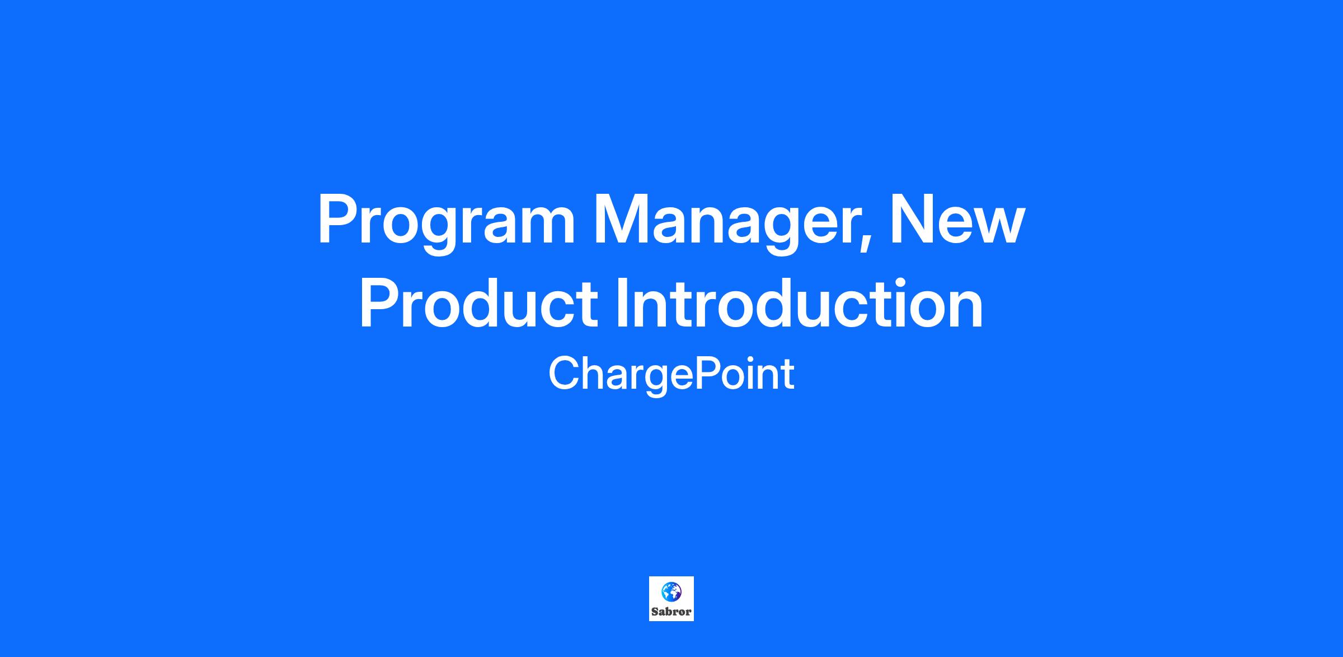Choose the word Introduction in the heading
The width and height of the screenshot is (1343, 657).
click(x=800, y=303)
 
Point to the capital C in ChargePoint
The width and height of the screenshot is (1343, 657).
click(x=565, y=374)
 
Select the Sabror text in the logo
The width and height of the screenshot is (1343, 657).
click(x=671, y=612)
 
